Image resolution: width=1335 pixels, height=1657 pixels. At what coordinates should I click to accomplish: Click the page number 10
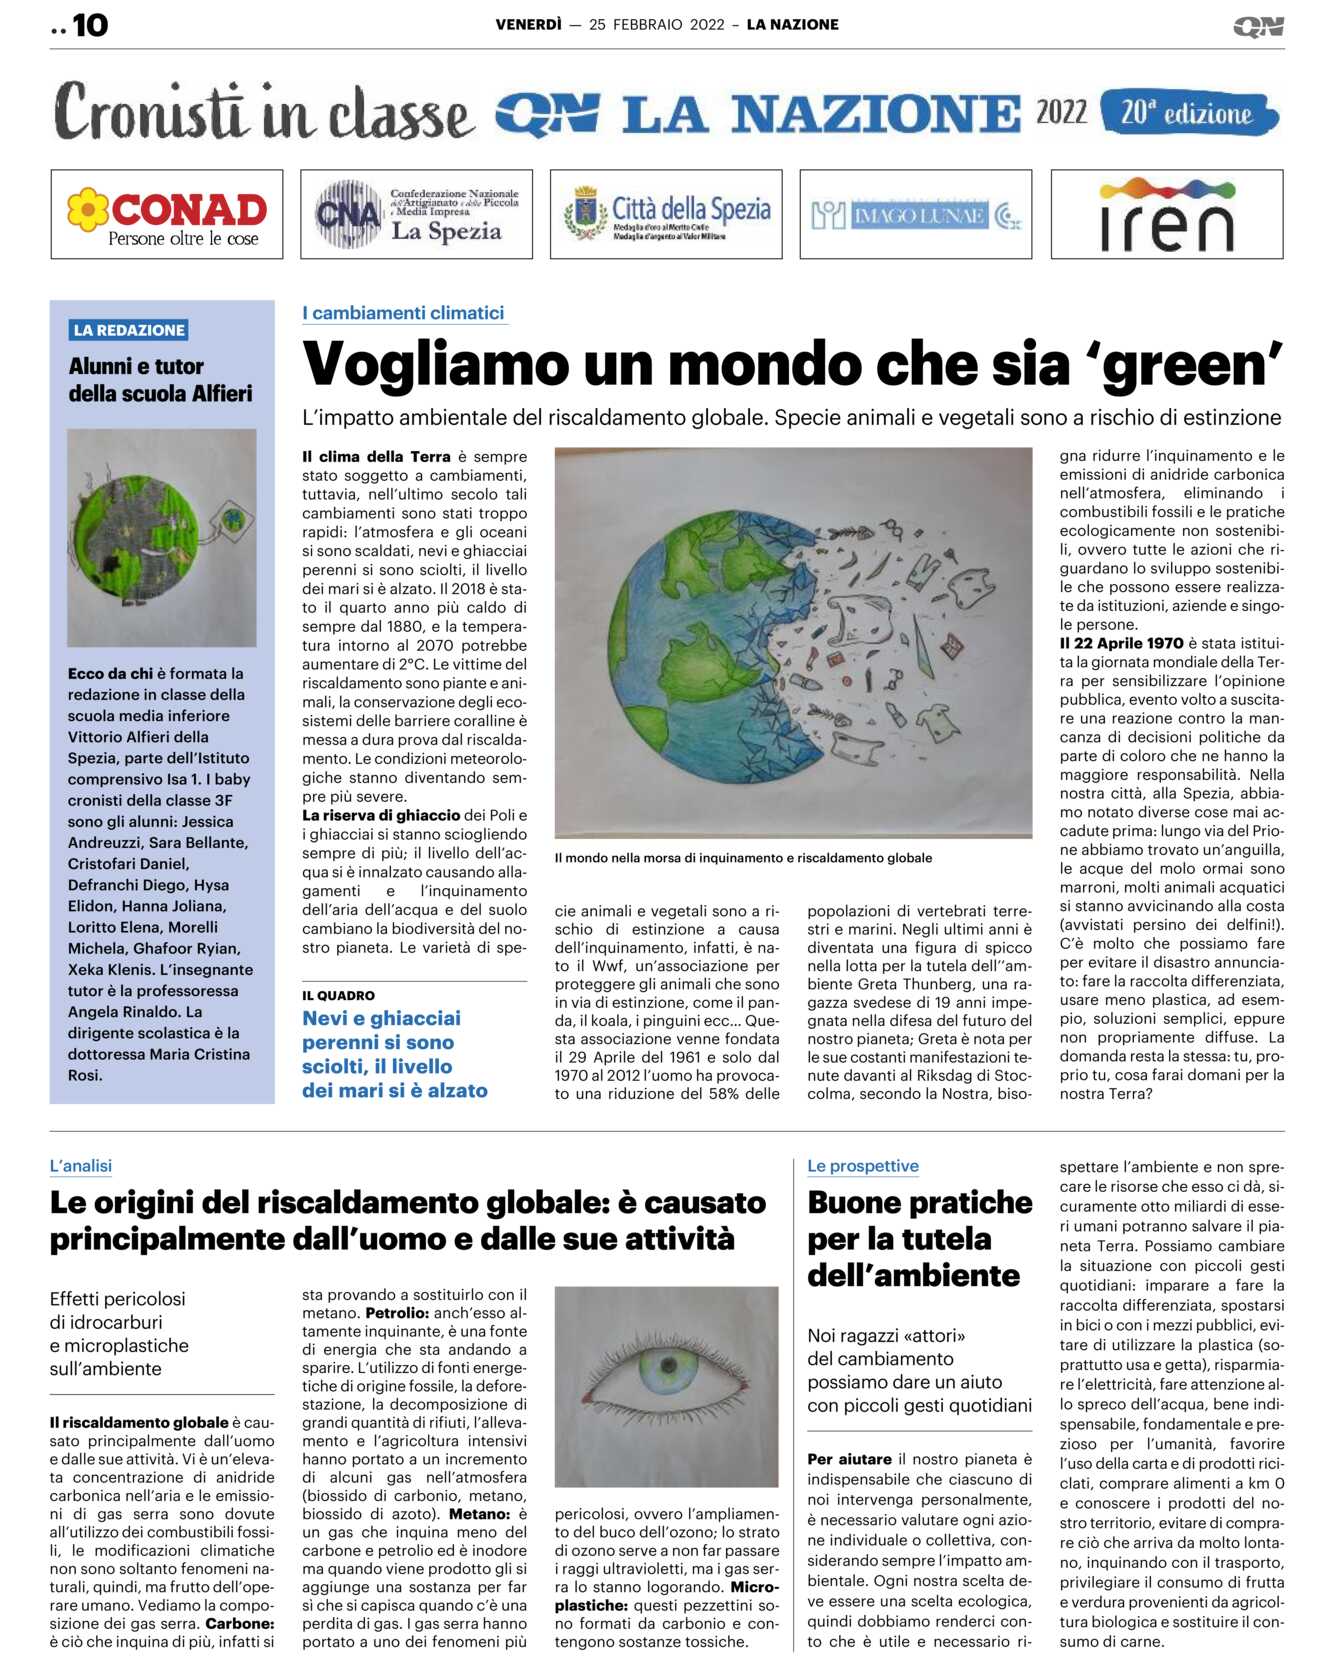pyautogui.click(x=89, y=25)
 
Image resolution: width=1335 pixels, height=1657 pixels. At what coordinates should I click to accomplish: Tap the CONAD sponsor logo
pyautogui.click(x=167, y=214)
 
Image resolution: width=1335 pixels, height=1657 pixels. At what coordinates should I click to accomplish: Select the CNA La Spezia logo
pyautogui.click(x=416, y=214)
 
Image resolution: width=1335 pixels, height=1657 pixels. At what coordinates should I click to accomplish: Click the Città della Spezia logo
pyautogui.click(x=666, y=214)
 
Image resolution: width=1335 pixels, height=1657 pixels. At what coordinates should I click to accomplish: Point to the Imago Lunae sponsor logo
pyautogui.click(x=915, y=215)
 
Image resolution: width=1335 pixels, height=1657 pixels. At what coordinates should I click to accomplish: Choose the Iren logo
pyautogui.click(x=1166, y=214)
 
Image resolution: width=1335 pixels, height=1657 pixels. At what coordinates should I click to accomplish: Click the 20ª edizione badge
pyautogui.click(x=1187, y=113)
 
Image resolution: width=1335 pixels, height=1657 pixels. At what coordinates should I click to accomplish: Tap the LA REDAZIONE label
pyautogui.click(x=129, y=330)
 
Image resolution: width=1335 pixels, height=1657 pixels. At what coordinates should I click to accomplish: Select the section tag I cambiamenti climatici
pyautogui.click(x=403, y=313)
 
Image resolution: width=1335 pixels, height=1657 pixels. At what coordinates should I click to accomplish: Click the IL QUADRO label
pyautogui.click(x=338, y=995)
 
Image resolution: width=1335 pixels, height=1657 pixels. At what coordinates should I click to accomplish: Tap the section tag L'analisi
pyautogui.click(x=81, y=1166)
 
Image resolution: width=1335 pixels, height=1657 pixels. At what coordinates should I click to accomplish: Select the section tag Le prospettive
pyautogui.click(x=862, y=1166)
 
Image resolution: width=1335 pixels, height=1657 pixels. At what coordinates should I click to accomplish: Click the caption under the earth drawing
pyautogui.click(x=743, y=858)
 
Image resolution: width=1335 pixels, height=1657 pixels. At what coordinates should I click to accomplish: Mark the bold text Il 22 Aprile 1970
pyautogui.click(x=1121, y=643)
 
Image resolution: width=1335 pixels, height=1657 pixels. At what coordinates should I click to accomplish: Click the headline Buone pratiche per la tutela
pyautogui.click(x=919, y=1238)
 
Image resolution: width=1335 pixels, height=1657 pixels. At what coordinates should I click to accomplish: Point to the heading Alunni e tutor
pyautogui.click(x=136, y=367)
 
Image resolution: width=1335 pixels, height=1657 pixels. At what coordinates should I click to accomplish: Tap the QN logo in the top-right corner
pyautogui.click(x=1258, y=26)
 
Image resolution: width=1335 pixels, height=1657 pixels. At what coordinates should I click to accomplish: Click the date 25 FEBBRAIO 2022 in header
pyautogui.click(x=656, y=25)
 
